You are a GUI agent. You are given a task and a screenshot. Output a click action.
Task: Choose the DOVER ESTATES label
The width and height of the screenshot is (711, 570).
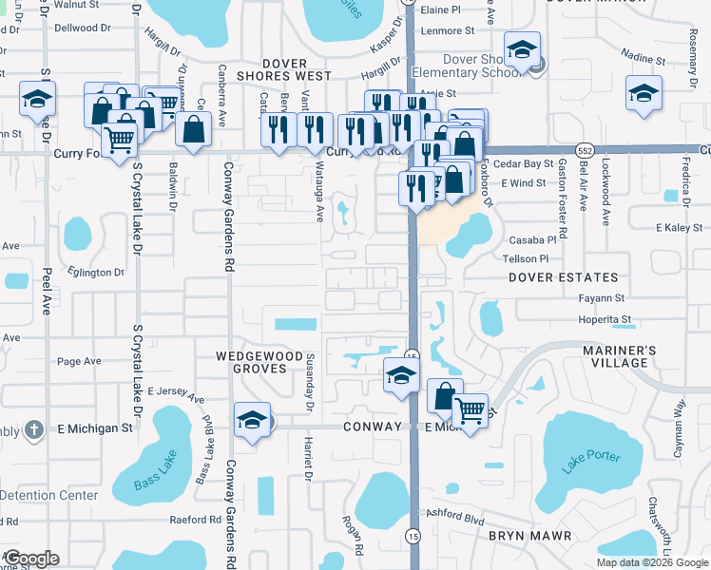[563, 278]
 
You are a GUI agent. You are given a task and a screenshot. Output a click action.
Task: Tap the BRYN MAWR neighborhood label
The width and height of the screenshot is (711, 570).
[529, 537]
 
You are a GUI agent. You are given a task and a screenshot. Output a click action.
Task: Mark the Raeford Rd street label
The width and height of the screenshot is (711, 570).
[195, 520]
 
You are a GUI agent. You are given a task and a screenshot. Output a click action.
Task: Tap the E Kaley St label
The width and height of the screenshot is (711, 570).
[683, 228]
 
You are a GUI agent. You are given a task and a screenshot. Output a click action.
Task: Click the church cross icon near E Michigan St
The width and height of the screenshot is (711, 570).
[35, 428]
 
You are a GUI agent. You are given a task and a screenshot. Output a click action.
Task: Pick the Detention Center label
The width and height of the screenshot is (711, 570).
[49, 495]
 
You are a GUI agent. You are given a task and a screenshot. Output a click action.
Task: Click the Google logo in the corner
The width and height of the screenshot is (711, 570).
[31, 558]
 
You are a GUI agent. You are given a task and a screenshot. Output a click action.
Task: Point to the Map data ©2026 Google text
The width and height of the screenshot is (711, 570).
[652, 562]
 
